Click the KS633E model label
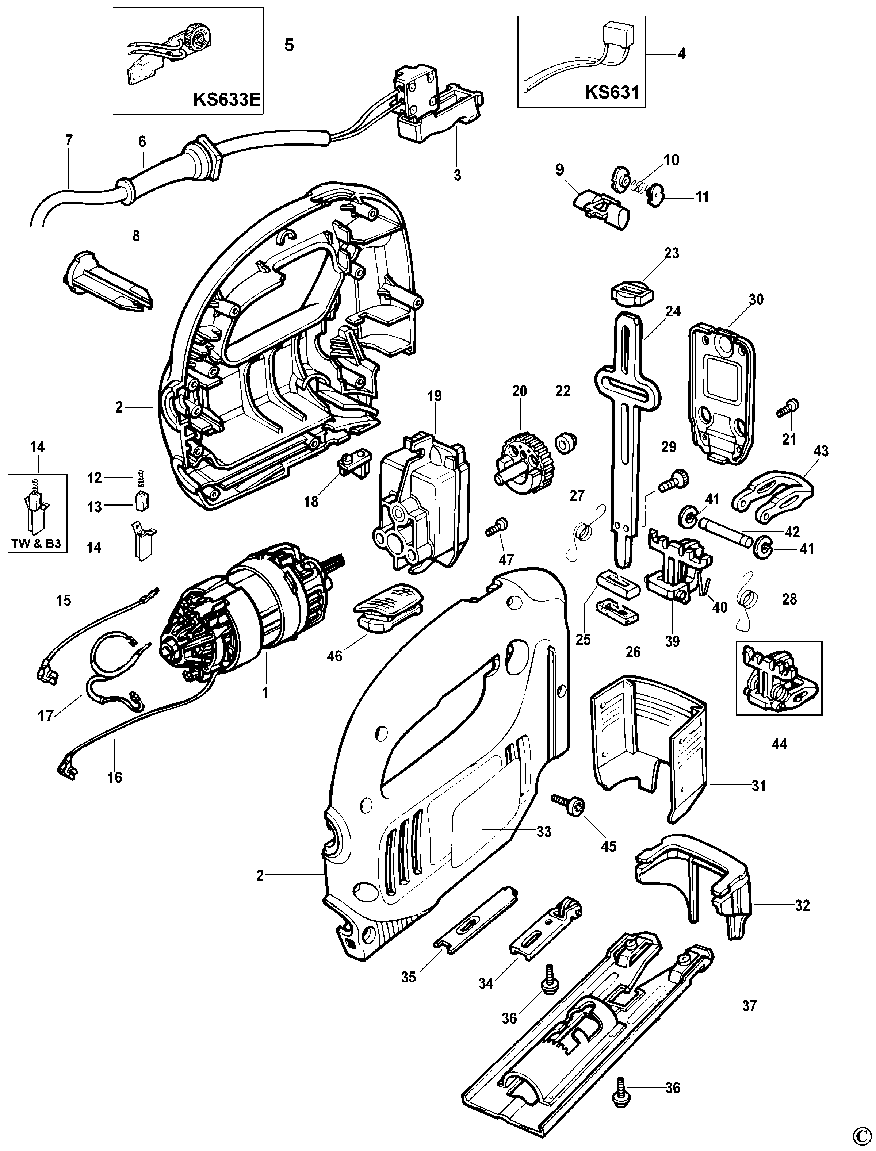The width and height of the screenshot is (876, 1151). pos(226,99)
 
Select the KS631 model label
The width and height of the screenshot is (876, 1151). pos(612,92)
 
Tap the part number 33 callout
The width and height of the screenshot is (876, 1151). pos(544,832)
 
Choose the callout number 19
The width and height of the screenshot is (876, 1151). pos(435,396)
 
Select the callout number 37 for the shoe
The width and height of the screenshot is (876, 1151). pos(749,1006)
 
